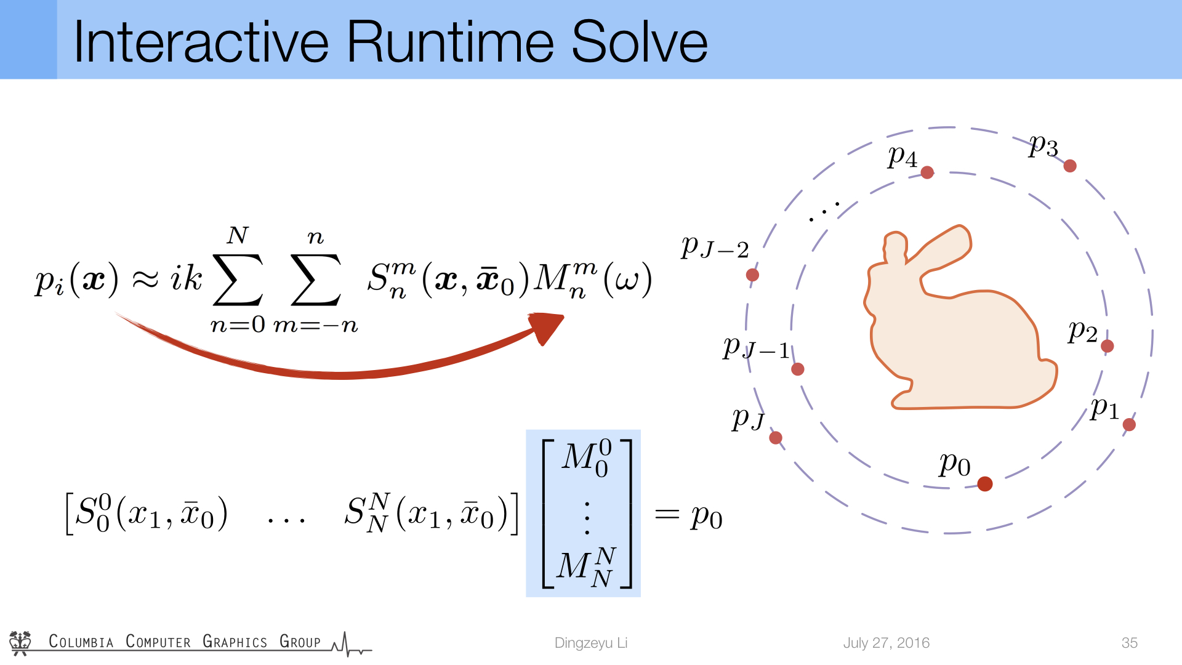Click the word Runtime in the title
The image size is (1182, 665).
[x=452, y=42]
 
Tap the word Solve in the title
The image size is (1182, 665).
[x=640, y=42]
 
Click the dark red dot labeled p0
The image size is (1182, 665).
[x=985, y=484]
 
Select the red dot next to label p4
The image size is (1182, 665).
[x=927, y=172]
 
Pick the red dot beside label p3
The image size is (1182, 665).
[x=1070, y=166]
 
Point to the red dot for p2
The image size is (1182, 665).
[x=1107, y=346]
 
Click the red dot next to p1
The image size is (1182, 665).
[x=1129, y=424]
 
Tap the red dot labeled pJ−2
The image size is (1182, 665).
[x=752, y=275]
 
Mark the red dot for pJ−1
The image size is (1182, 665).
[x=798, y=369]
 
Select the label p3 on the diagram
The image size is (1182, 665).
[x=1043, y=147]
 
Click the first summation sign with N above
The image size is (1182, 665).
[x=238, y=280]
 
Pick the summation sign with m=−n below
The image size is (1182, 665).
[x=316, y=280]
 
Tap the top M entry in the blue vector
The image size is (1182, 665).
[x=587, y=458]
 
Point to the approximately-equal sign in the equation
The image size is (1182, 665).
[x=146, y=279]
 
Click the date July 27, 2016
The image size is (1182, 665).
[x=886, y=643]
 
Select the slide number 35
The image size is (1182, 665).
[x=1130, y=643]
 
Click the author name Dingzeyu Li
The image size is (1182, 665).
[x=591, y=643]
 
